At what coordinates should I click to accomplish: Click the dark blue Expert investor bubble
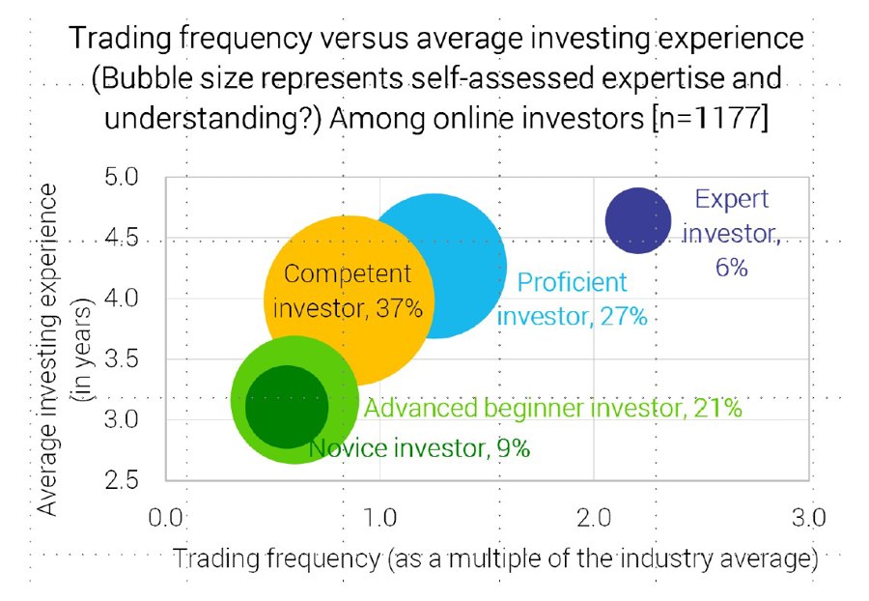coord(638,220)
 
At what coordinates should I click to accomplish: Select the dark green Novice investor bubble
coord(287,407)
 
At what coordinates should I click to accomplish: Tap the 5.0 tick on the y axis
coord(121,178)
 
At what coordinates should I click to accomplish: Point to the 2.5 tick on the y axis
coord(121,480)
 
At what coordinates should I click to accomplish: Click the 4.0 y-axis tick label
coord(121,299)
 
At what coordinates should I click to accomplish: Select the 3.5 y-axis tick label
coord(121,359)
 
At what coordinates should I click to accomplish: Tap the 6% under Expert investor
coord(732,268)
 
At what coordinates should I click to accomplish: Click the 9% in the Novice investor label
coord(514,448)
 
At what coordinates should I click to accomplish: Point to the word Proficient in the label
coord(572,282)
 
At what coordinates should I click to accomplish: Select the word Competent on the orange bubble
coord(348,274)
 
